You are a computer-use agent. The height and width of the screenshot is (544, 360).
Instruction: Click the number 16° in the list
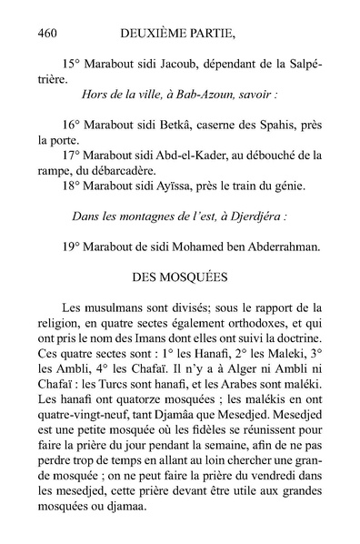73,126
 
